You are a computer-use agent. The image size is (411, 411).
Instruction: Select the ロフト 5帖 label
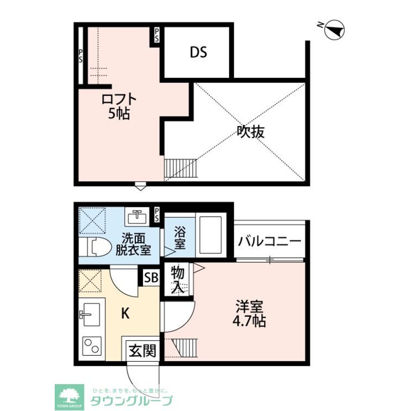coord(119,106)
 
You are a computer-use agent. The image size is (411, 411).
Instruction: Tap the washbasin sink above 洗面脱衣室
coord(137,216)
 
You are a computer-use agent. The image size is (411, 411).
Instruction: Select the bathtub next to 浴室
coord(210,235)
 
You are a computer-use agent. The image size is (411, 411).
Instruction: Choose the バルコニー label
coord(270,240)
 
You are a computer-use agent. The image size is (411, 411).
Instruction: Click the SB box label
coord(151,278)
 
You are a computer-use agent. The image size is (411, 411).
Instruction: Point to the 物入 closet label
coord(178,279)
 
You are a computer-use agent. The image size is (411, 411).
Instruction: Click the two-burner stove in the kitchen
coord(91,345)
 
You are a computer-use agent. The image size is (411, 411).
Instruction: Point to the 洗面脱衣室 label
coord(133,244)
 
